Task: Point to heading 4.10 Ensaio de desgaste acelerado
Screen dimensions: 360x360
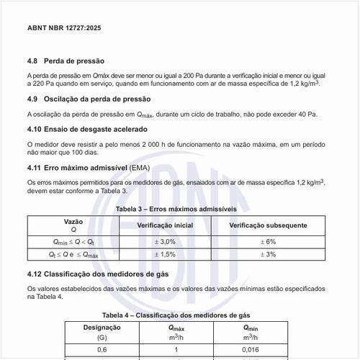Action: pyautogui.click(x=87, y=130)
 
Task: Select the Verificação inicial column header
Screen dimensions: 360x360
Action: pyautogui.click(x=165, y=225)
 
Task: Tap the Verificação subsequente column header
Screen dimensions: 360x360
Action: pyautogui.click(x=268, y=225)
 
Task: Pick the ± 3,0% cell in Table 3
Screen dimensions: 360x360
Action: pyautogui.click(x=165, y=241)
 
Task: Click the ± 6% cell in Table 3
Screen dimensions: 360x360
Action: pyautogui.click(x=268, y=241)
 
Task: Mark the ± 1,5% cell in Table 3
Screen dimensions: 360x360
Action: pyautogui.click(x=165, y=254)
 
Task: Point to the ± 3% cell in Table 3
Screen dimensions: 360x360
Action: pyautogui.click(x=268, y=254)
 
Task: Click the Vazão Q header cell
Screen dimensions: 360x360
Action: pyautogui.click(x=73, y=225)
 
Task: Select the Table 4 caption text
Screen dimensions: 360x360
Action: pyautogui.click(x=176, y=315)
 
